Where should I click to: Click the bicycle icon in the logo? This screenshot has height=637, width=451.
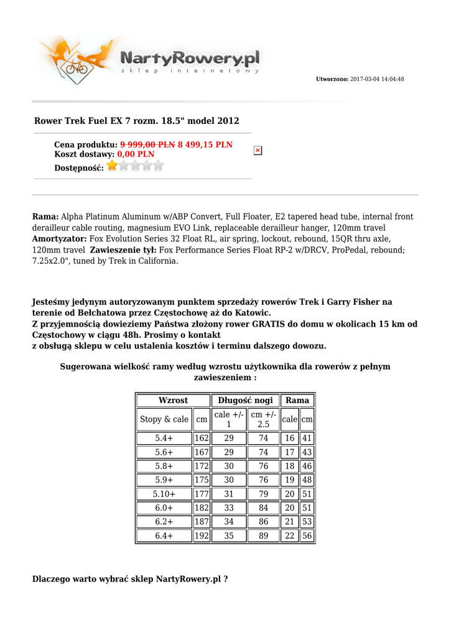(77, 67)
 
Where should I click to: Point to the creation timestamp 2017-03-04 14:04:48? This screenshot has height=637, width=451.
(377, 80)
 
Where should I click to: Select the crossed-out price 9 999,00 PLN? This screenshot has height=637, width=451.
(147, 145)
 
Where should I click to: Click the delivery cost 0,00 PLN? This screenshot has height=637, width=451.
(136, 154)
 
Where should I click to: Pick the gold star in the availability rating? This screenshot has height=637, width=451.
(112, 165)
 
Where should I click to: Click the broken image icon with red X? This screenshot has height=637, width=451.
(258, 151)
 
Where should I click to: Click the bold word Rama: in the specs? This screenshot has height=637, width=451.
(45, 217)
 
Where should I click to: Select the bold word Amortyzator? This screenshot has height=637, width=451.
(60, 239)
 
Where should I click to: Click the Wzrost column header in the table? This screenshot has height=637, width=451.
(173, 401)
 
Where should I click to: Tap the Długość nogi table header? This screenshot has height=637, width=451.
(246, 401)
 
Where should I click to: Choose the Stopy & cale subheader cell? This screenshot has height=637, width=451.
(164, 420)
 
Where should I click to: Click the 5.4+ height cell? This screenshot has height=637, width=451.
(164, 439)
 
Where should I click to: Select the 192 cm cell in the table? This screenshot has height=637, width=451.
(202, 536)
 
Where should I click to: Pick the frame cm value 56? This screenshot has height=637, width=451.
(307, 536)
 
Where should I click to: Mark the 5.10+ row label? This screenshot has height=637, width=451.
(164, 495)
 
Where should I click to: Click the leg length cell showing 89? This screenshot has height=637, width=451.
(264, 536)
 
